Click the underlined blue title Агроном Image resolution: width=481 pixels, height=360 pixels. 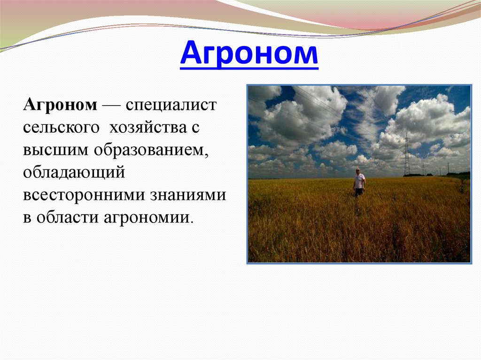tap(249, 54)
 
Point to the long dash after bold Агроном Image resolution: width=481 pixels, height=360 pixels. tap(111, 105)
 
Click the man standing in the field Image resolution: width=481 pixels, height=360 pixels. tap(359, 182)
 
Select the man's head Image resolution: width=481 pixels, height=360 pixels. tap(358, 171)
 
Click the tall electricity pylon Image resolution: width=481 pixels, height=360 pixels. tap(406, 155)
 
